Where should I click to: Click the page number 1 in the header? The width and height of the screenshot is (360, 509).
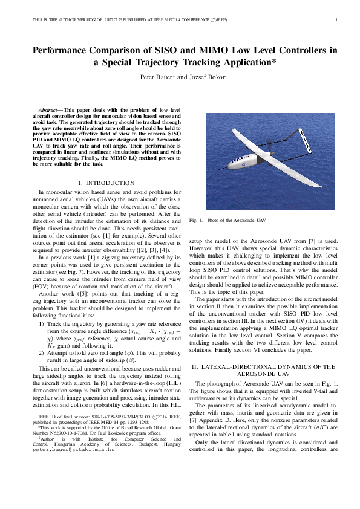[336, 20]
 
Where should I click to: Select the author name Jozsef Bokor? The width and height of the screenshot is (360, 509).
[205, 77]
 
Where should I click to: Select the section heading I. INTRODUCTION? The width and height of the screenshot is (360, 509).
[106, 183]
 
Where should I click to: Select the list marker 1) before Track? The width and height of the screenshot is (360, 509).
[41, 324]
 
